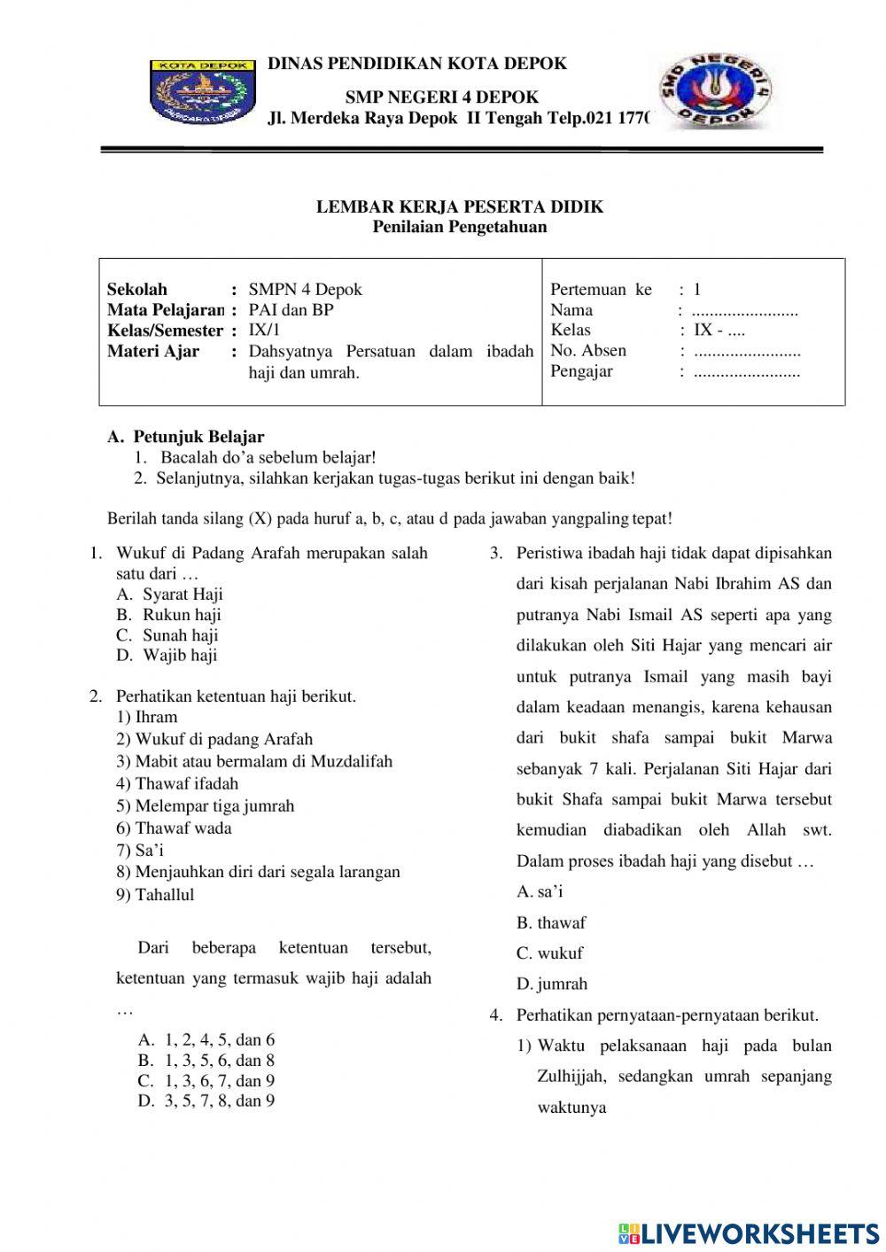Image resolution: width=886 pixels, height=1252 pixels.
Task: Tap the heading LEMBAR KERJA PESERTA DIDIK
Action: click(x=460, y=206)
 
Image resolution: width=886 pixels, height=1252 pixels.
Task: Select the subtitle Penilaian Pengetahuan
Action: click(x=460, y=227)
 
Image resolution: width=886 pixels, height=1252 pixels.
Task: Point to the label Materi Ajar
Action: click(x=153, y=351)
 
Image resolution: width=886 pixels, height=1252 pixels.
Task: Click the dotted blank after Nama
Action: click(x=744, y=311)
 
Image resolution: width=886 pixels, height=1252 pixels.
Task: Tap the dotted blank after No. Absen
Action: click(x=747, y=351)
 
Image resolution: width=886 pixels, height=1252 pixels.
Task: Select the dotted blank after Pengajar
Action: click(x=747, y=372)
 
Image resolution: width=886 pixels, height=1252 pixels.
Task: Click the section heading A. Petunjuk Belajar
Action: click(x=185, y=436)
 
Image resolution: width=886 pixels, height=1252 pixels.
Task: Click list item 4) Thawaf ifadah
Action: click(x=177, y=783)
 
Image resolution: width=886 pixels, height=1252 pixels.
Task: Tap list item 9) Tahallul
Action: click(x=155, y=894)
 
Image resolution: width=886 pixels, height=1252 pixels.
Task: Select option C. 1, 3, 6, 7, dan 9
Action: click(x=206, y=1080)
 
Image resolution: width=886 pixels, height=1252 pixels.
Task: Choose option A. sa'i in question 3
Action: click(x=540, y=891)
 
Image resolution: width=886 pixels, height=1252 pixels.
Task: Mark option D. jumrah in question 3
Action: click(x=552, y=984)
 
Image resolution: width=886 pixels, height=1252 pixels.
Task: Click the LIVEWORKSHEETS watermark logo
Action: click(x=749, y=1233)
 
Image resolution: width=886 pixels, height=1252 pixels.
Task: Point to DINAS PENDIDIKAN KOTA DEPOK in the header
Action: click(x=416, y=63)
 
